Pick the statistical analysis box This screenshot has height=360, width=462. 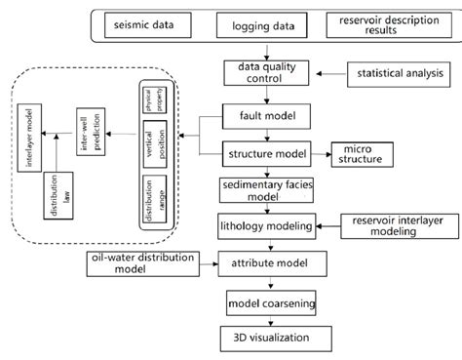396,72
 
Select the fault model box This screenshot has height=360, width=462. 260,116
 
